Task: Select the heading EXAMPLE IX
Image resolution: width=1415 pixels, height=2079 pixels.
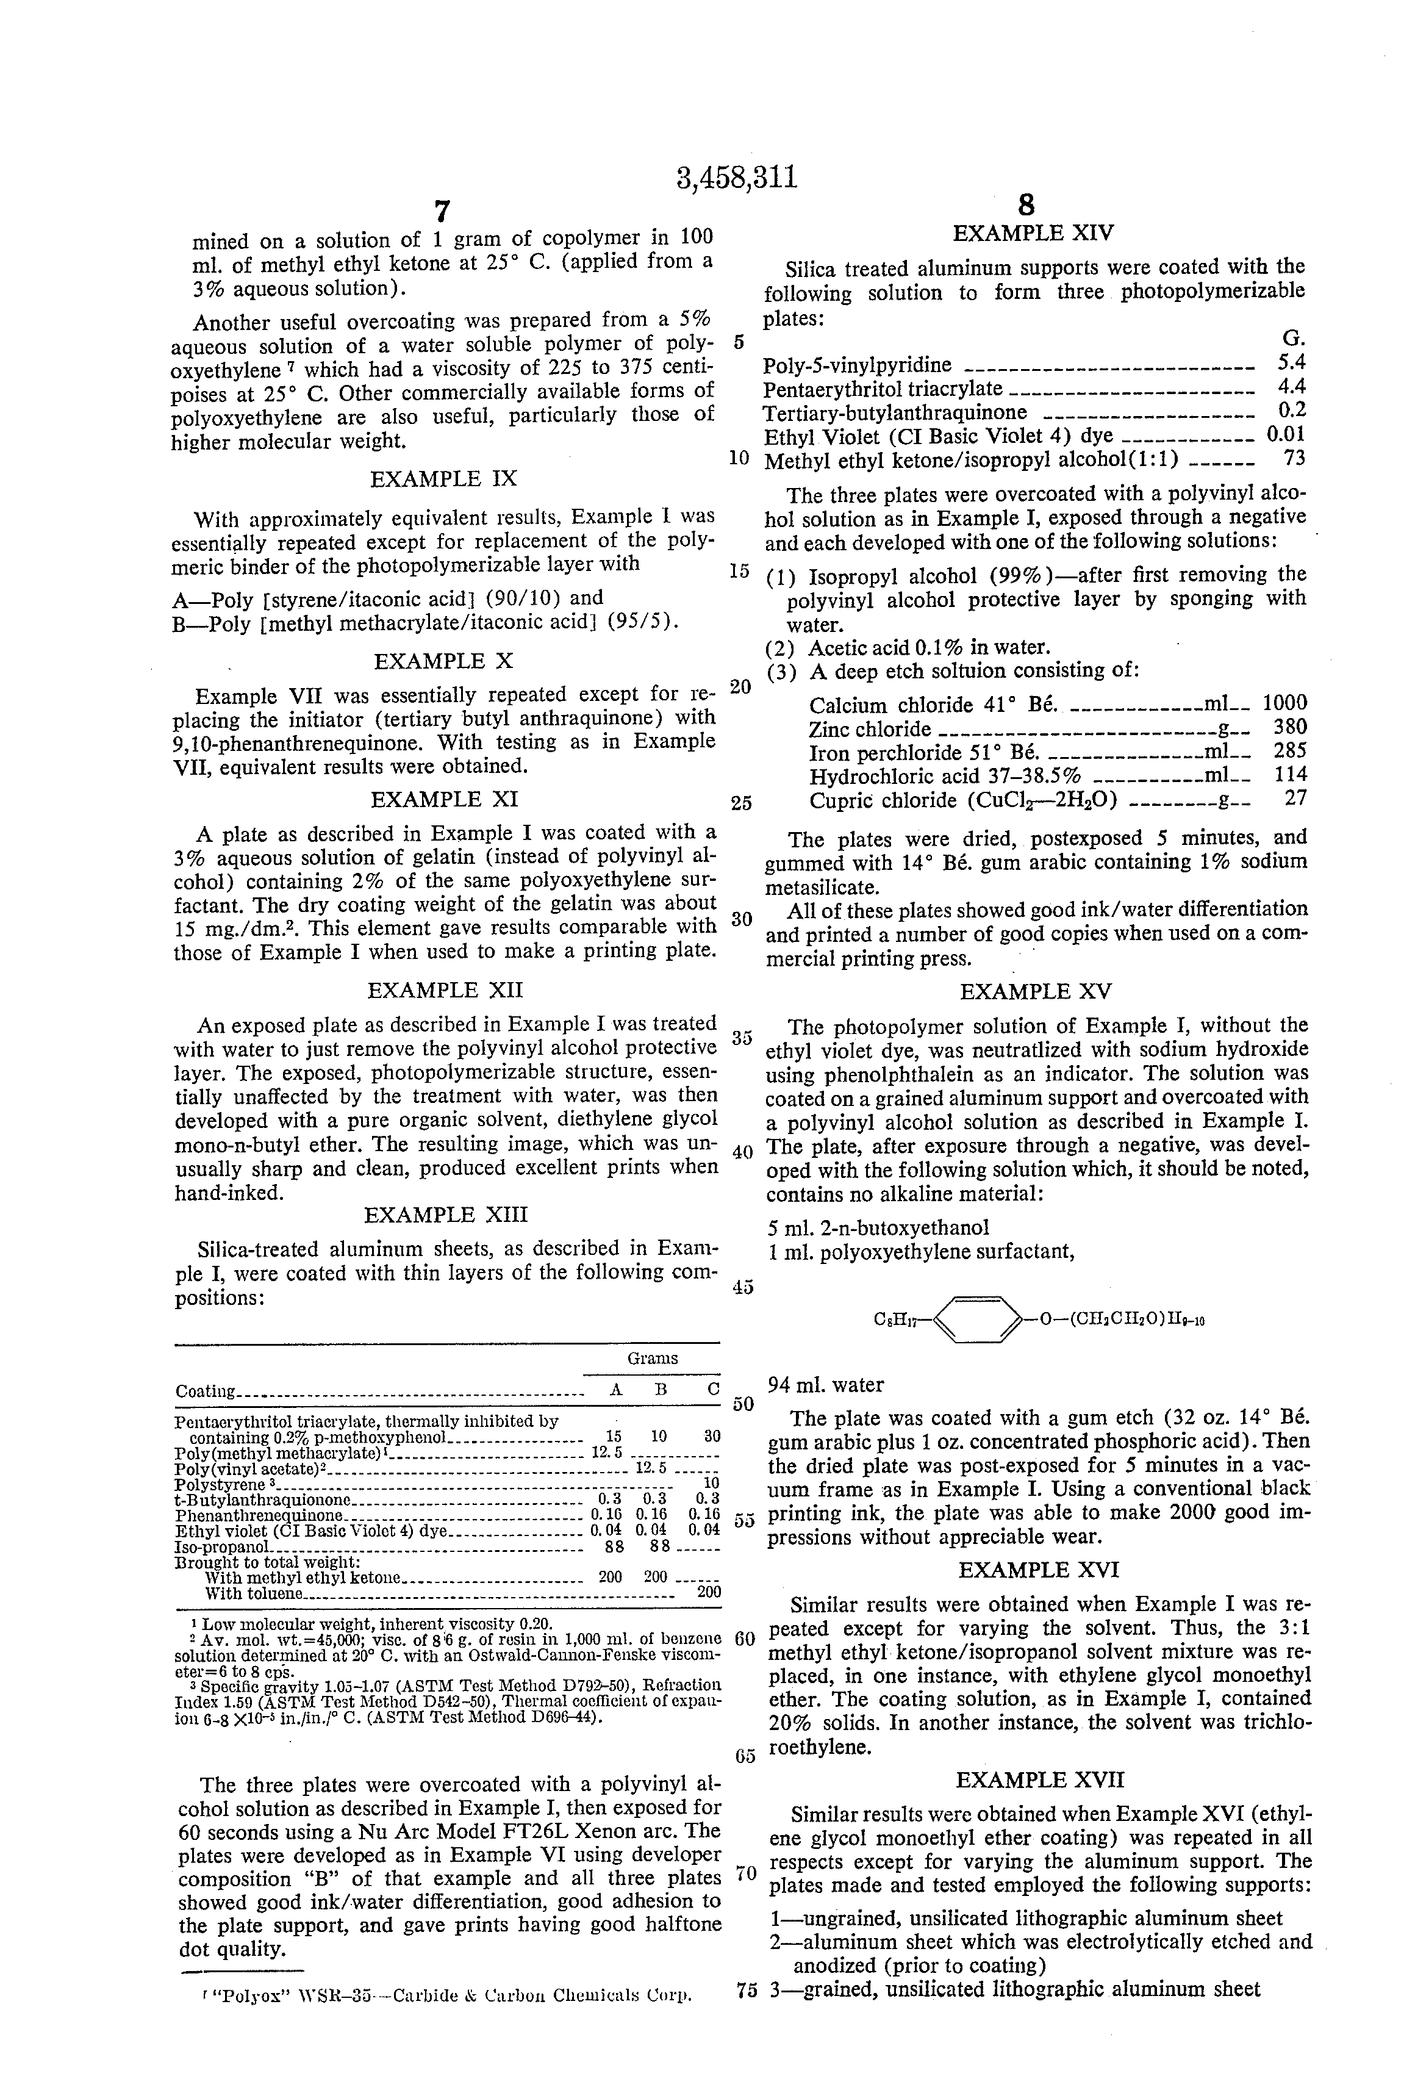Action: [443, 479]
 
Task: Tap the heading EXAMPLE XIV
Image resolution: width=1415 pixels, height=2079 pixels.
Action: [1033, 234]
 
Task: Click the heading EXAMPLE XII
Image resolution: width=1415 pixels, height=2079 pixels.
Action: [445, 990]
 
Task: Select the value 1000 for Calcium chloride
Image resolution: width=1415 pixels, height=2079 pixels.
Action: [1284, 703]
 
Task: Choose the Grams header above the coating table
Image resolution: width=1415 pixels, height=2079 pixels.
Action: [652, 1358]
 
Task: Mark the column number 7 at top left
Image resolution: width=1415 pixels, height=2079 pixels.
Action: [441, 211]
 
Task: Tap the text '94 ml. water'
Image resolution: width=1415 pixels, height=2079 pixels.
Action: [826, 1386]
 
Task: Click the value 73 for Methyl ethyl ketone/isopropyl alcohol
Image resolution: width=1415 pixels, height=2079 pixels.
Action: [1294, 459]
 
